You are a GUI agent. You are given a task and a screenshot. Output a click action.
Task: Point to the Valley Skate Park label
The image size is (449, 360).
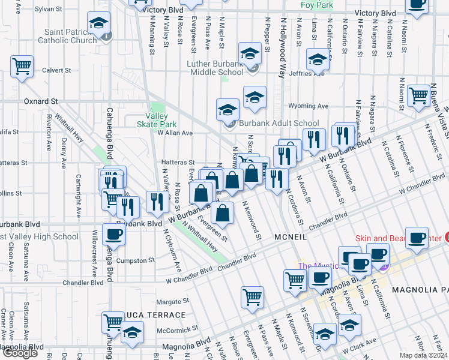160,120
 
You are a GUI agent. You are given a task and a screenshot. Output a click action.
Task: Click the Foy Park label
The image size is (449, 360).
317,4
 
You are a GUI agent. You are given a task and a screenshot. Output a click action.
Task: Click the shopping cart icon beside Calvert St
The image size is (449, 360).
22,66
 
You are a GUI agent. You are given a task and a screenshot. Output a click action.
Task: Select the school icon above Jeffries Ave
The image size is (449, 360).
317,59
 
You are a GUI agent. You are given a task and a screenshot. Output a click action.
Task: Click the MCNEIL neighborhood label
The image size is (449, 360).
291,238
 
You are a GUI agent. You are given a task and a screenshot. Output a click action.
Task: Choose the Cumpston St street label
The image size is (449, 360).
135,260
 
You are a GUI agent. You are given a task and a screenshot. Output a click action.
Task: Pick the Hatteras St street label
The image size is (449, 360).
178,162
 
